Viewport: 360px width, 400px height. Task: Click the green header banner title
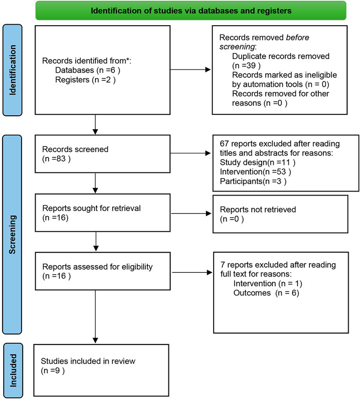[191, 11]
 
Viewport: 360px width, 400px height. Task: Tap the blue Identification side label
[12, 70]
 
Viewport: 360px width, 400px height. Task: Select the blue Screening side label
[12, 234]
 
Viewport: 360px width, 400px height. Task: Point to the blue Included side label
[13, 370]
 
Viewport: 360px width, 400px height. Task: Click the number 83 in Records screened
[61, 159]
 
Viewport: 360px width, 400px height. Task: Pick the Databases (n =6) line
[88, 70]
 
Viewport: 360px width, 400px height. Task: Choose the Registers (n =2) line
[85, 80]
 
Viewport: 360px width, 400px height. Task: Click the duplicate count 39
[250, 65]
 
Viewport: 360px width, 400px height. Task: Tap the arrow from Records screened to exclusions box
[191, 153]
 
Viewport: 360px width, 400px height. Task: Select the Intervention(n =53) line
[255, 171]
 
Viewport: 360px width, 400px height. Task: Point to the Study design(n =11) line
[258, 162]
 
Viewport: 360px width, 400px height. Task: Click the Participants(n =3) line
[253, 181]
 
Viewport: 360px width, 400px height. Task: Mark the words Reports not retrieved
[258, 210]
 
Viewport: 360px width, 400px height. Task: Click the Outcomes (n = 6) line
[266, 292]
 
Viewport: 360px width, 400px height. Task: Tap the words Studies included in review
[88, 361]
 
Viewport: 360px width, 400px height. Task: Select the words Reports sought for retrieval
[91, 208]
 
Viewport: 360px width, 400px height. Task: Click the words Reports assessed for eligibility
[97, 267]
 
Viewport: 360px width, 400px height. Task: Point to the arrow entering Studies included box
[95, 317]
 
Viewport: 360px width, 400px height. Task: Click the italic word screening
[237, 47]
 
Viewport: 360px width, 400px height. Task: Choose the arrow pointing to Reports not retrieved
[191, 214]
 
